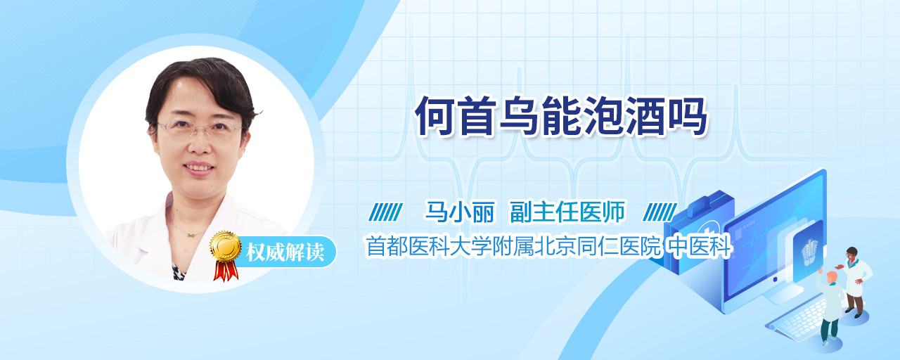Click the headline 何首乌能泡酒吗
click(561, 116)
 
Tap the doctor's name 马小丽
click(460, 212)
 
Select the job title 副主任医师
click(567, 212)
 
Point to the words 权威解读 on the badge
click(285, 252)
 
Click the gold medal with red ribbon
click(226, 255)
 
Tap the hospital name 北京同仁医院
click(598, 246)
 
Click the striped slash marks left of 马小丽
click(386, 212)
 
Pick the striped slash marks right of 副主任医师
click(660, 212)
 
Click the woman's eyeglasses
click(198, 129)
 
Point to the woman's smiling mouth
click(198, 167)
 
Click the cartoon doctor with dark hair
click(855, 281)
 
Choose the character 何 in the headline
click(435, 116)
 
